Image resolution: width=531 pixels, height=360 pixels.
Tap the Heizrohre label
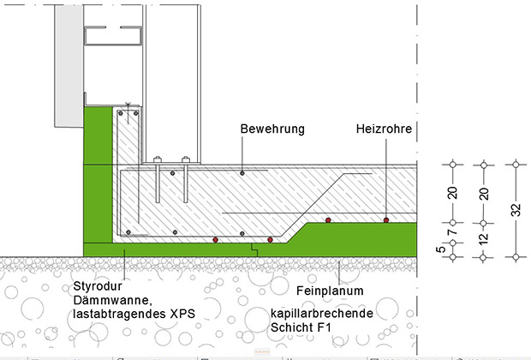tap(385, 129)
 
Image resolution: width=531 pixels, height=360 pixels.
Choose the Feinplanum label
tap(331, 291)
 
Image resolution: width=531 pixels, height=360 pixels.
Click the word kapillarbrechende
tap(321, 314)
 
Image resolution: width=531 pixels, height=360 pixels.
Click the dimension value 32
tap(516, 210)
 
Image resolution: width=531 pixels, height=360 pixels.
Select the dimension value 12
tap(484, 239)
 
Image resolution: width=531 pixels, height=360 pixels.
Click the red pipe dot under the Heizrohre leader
tap(386, 219)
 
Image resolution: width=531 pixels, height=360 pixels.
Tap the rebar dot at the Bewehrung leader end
tap(242, 173)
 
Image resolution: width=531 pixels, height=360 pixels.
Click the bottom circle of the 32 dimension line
tap(516, 255)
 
